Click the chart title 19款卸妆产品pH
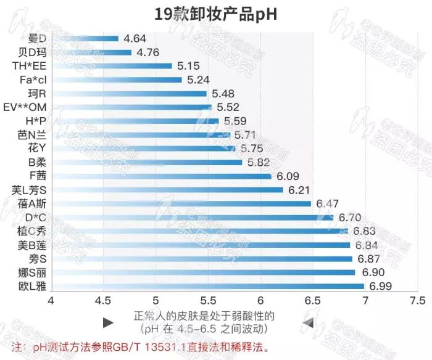click(215, 14)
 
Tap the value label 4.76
click(148, 52)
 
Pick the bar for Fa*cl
click(117, 80)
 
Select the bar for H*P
click(135, 121)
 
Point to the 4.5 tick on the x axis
click(102, 301)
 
